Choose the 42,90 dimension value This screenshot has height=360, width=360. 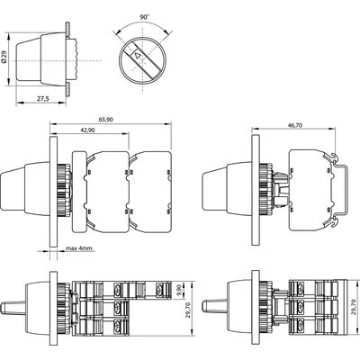click(86, 131)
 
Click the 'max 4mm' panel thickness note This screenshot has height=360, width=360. click(80, 248)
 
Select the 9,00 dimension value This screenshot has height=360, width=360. click(180, 292)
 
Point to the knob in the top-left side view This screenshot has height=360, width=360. click(38, 55)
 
